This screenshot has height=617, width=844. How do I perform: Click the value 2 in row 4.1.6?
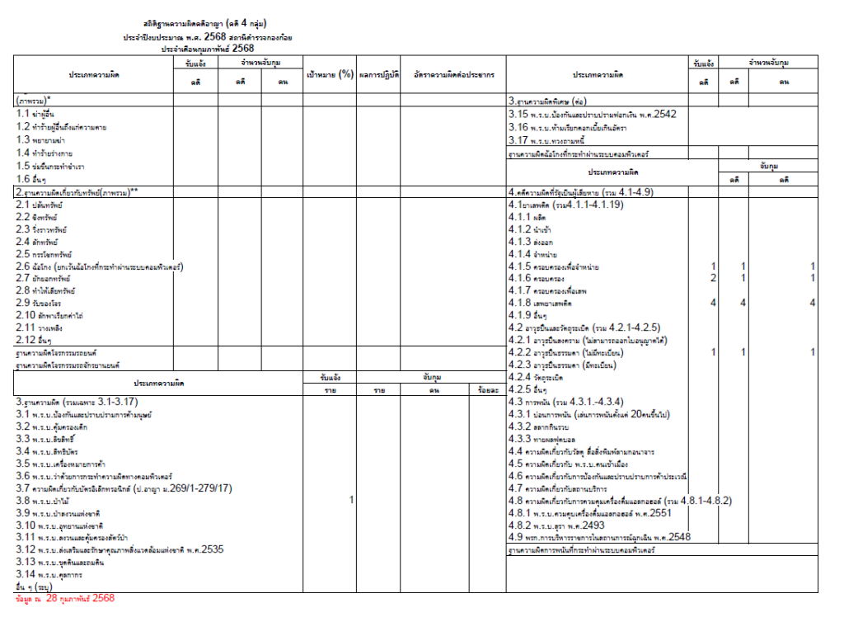tap(713, 278)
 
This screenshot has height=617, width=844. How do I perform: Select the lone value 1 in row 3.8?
tap(351, 500)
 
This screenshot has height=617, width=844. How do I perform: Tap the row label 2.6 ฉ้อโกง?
tap(99, 266)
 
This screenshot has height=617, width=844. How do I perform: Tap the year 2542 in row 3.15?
tap(659, 114)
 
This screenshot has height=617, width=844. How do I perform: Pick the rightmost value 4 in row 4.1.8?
tap(812, 304)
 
